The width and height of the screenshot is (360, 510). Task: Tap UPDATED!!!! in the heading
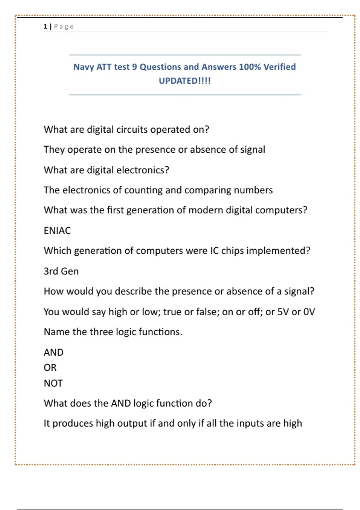(x=184, y=81)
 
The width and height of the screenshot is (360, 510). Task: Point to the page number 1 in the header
(x=45, y=27)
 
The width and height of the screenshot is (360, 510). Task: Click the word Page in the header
(x=64, y=27)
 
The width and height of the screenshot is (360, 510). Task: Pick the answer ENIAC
(x=57, y=230)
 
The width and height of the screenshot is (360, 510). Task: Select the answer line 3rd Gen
(x=61, y=271)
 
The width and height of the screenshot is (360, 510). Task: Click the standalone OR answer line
(x=50, y=367)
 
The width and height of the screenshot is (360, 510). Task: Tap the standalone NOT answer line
(x=53, y=383)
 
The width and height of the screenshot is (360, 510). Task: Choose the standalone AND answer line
(x=53, y=352)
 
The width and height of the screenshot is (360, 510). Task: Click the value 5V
(x=283, y=312)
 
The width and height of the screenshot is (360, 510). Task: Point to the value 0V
(x=309, y=312)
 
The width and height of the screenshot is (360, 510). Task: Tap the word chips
(x=232, y=251)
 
